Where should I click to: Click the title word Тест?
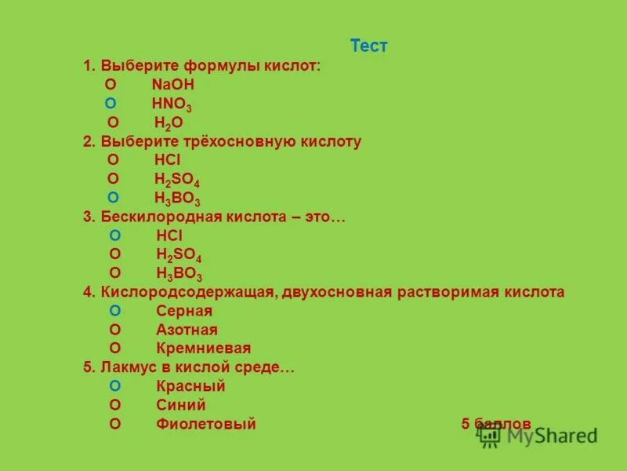tap(368, 46)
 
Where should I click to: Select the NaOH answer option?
tap(172, 84)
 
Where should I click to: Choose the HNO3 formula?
tap(172, 104)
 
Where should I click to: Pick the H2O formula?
tap(169, 122)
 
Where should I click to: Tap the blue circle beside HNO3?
tap(111, 103)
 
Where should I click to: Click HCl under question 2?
tap(168, 160)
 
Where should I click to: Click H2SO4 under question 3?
tap(179, 255)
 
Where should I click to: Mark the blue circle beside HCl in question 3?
tap(115, 235)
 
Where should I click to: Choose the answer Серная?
tap(184, 311)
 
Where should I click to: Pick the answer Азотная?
tap(187, 330)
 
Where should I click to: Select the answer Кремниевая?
tap(203, 349)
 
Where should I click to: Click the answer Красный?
tap(190, 386)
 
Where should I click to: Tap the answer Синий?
tap(180, 405)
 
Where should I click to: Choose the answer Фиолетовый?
tap(206, 424)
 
